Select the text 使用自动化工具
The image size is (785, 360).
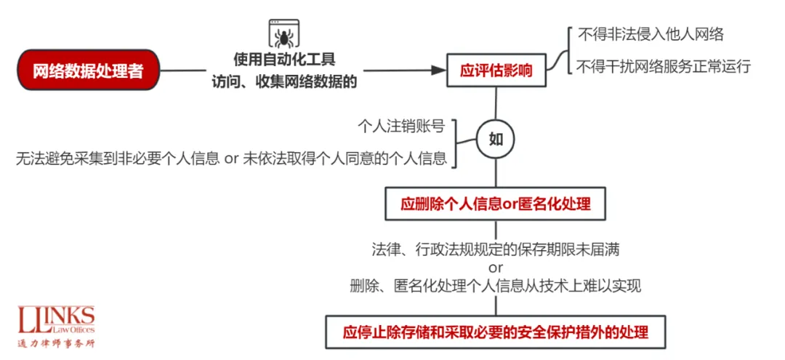point(284,59)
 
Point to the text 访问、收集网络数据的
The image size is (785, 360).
point(284,81)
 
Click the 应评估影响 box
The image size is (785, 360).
point(496,71)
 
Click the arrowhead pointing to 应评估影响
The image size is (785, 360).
point(438,71)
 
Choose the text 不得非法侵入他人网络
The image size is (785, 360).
point(650,34)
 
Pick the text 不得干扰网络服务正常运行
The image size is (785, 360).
point(663,67)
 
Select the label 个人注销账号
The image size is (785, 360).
point(401,126)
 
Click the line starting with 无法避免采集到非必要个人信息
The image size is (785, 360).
point(231,158)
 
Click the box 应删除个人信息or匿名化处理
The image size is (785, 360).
point(496,204)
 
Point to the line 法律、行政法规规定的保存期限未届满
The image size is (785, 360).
point(496,249)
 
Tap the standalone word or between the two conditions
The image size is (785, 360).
point(496,268)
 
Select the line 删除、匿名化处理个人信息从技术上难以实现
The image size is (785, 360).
point(496,286)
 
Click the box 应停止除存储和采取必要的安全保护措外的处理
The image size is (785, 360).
point(496,332)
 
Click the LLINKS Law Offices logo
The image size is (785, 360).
point(57,321)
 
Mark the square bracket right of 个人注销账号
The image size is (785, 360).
point(457,143)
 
